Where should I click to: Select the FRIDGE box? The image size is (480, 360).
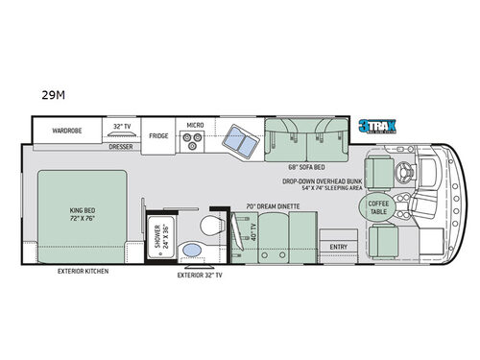[x=159, y=135]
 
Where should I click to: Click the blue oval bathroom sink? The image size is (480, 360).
[x=192, y=251]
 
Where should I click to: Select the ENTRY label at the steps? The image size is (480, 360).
[x=339, y=247]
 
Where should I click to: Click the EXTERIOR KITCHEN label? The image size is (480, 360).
[x=80, y=272]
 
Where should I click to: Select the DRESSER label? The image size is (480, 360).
[x=120, y=149]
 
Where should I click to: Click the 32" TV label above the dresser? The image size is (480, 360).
[x=120, y=126]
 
